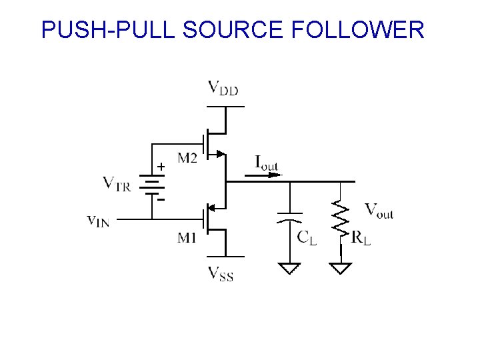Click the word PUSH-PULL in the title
(x=108, y=29)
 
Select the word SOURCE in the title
(x=233, y=29)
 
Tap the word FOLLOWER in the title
(x=357, y=29)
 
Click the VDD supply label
(x=223, y=88)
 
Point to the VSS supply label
(x=221, y=274)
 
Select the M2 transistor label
(x=187, y=158)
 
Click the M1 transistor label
(x=187, y=237)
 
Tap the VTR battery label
(x=117, y=184)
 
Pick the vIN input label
(x=98, y=221)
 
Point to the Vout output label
(x=379, y=211)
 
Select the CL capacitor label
(x=307, y=237)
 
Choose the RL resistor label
(x=361, y=237)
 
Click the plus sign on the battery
(x=161, y=167)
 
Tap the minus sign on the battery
(x=161, y=199)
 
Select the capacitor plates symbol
(x=289, y=217)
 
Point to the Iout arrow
(x=263, y=175)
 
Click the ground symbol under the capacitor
(x=289, y=268)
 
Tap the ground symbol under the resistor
(x=341, y=268)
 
